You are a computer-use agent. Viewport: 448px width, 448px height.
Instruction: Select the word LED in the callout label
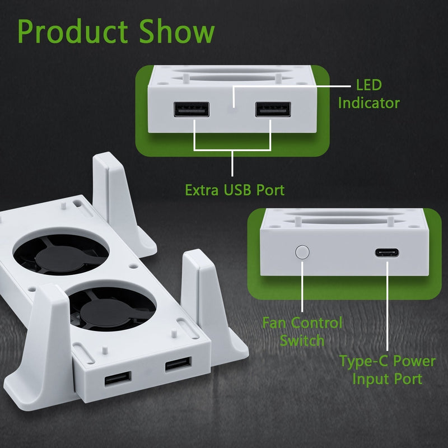pos(368,86)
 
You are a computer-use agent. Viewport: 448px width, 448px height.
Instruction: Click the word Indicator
pos(368,103)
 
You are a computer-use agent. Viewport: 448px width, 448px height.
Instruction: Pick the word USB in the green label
pos(239,190)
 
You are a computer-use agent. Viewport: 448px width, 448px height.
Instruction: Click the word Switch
pos(303,340)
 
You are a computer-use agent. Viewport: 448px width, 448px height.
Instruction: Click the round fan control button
pos(302,251)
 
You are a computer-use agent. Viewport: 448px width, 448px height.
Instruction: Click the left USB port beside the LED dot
pos(192,109)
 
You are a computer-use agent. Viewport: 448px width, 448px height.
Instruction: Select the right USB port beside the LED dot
pos(273,109)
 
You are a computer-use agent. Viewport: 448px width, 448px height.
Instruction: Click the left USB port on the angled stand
pos(118,379)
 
